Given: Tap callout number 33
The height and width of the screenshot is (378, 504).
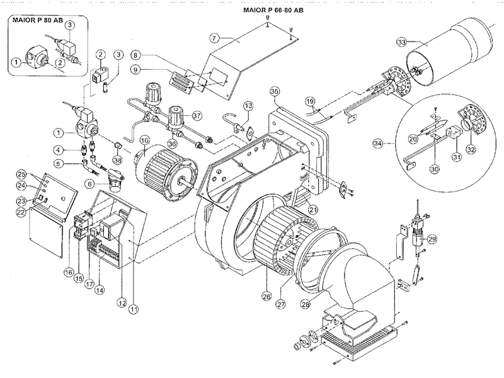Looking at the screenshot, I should [401, 43].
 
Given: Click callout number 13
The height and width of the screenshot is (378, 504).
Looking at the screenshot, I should [248, 105].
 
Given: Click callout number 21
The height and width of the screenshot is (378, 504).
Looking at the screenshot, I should [313, 209].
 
